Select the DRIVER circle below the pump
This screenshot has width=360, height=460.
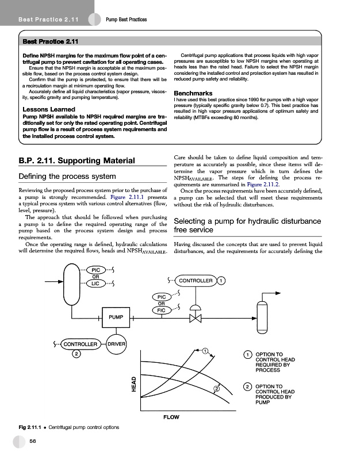116,344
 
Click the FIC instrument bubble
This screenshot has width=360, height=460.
162,310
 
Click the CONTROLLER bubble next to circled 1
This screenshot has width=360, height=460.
196,281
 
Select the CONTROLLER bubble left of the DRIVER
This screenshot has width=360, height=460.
80,344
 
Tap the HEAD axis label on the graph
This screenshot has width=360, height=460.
134,384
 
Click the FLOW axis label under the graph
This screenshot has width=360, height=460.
171,417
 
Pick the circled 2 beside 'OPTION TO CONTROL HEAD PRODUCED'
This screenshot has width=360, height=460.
247,387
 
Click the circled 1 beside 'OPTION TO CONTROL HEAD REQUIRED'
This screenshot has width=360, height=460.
247,355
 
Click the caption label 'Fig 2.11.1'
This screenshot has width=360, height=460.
31,428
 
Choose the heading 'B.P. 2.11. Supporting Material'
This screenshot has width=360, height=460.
77,160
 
